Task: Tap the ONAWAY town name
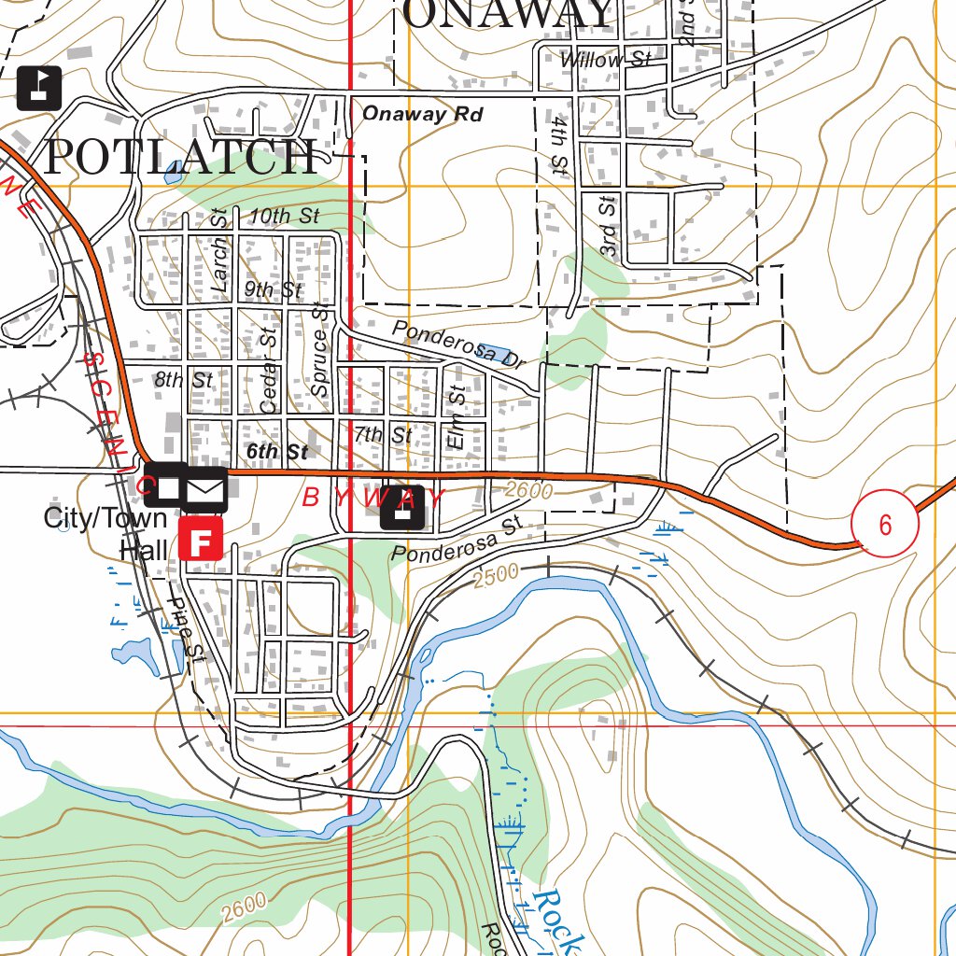pos(508,14)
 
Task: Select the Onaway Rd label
pos(422,114)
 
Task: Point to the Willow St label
pos(605,60)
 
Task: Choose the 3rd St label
pos(609,227)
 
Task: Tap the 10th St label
pos(285,216)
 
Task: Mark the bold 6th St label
pos(276,452)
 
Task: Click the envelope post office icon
pos(204,489)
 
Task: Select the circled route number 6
pos(884,524)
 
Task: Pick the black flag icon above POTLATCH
pos(39,89)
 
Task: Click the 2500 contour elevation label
pos(494,579)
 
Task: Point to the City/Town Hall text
pos(105,533)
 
